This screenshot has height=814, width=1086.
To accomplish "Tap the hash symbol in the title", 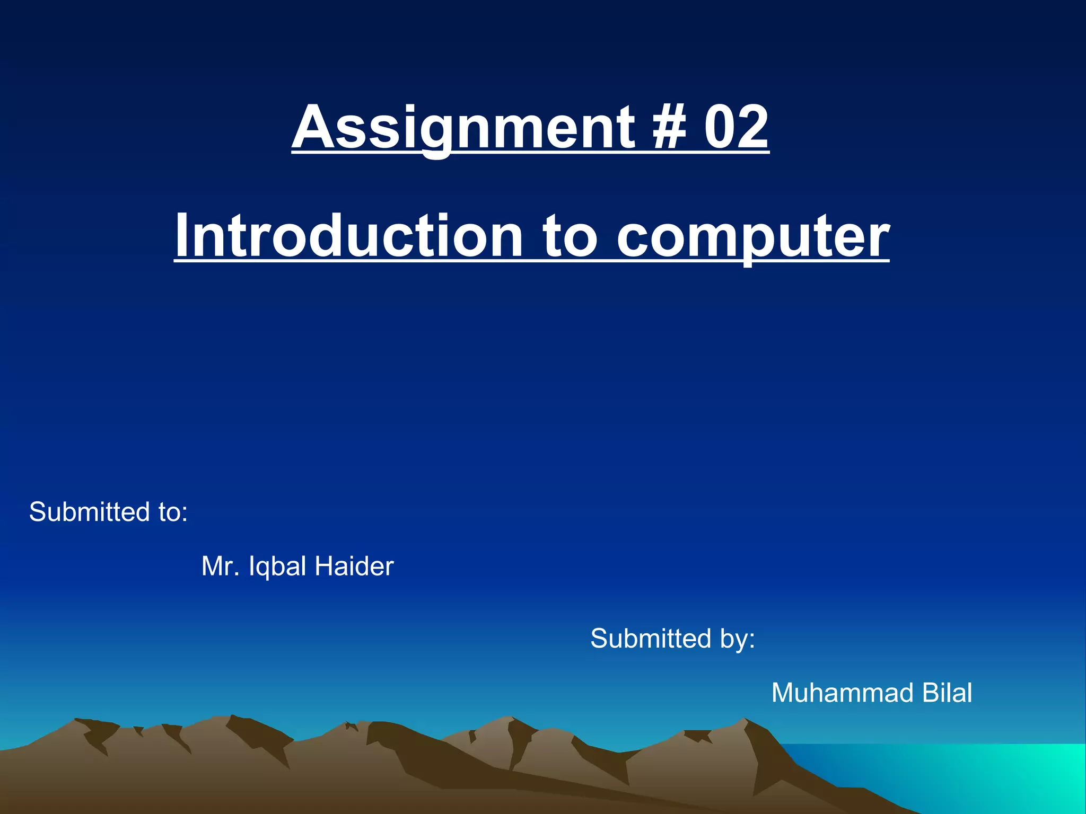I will [669, 127].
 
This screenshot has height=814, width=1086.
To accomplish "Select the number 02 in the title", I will [736, 127].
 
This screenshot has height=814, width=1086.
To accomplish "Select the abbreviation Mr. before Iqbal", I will [221, 567].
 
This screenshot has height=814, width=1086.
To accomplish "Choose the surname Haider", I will [354, 567].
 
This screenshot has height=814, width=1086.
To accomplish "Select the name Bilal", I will [947, 693].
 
